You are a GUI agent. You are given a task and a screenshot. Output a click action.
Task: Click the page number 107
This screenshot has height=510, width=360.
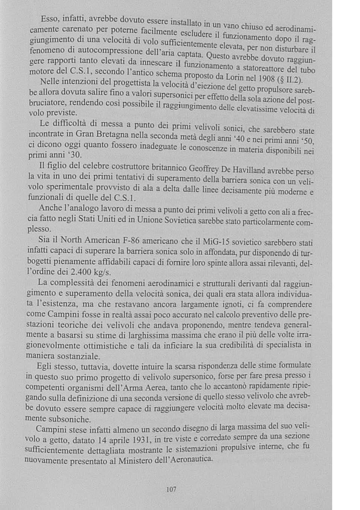[171, 489]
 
